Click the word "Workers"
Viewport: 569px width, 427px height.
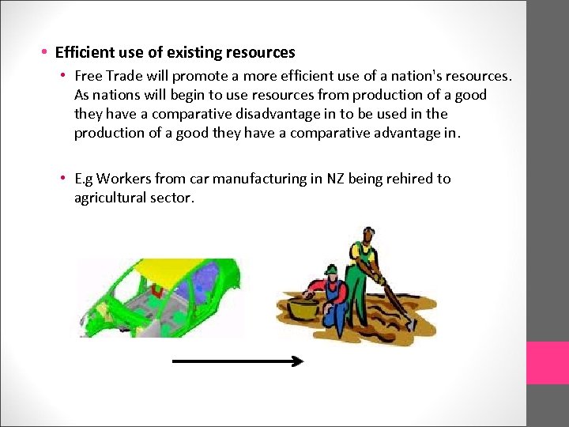[126, 179]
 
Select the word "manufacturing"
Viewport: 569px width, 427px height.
[261, 179]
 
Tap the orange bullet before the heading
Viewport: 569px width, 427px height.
[45, 53]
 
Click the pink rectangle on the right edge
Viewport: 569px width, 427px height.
[548, 363]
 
